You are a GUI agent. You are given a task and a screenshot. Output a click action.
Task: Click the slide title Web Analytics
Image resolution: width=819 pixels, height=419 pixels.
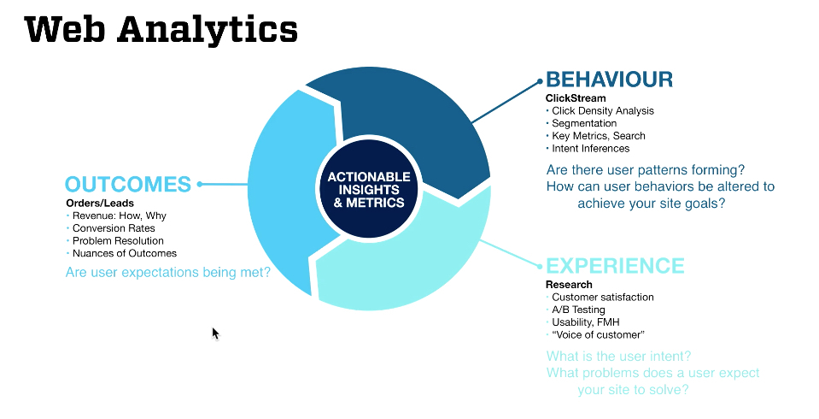(x=161, y=30)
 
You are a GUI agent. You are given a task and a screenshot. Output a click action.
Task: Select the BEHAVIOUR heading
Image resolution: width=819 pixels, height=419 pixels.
(x=609, y=80)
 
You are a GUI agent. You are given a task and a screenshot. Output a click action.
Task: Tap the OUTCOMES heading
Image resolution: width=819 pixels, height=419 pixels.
(x=127, y=184)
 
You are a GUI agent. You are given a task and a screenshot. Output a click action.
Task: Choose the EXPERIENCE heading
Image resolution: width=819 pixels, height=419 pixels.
(x=615, y=266)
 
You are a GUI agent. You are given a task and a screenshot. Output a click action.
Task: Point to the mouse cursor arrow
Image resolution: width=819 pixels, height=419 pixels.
(x=215, y=332)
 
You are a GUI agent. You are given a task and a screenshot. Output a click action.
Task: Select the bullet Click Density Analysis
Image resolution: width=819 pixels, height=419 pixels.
(x=602, y=110)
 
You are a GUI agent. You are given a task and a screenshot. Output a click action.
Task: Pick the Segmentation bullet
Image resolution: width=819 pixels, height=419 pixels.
(x=583, y=123)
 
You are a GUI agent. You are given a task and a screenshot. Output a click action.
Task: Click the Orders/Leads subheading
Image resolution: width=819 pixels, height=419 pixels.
(x=100, y=204)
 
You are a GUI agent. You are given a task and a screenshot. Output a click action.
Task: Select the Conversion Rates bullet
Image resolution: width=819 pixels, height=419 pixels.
(x=114, y=228)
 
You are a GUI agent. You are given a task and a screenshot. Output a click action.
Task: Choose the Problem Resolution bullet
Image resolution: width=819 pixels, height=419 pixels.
(x=118, y=240)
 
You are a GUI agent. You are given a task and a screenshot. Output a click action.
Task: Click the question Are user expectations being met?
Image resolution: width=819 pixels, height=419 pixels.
(x=167, y=273)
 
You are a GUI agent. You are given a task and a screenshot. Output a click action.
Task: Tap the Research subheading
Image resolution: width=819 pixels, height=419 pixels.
(x=569, y=285)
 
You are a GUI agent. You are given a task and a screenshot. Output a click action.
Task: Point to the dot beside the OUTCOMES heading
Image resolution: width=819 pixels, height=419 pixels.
(x=200, y=184)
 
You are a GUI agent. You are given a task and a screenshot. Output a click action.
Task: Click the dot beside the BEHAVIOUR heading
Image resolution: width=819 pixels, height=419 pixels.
(x=540, y=82)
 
